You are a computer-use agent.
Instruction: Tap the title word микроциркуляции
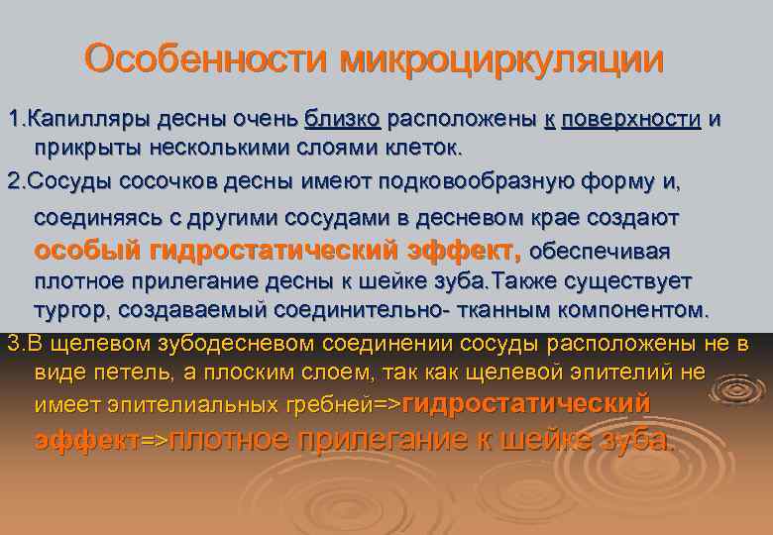click(x=501, y=59)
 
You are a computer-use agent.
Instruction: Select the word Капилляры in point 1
click(x=75, y=120)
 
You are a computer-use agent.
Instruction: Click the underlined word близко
click(x=342, y=120)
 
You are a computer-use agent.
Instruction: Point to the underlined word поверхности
click(x=630, y=120)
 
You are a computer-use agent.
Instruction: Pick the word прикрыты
click(x=75, y=148)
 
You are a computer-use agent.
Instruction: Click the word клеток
click(x=423, y=148)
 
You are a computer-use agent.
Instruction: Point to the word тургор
click(x=70, y=309)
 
